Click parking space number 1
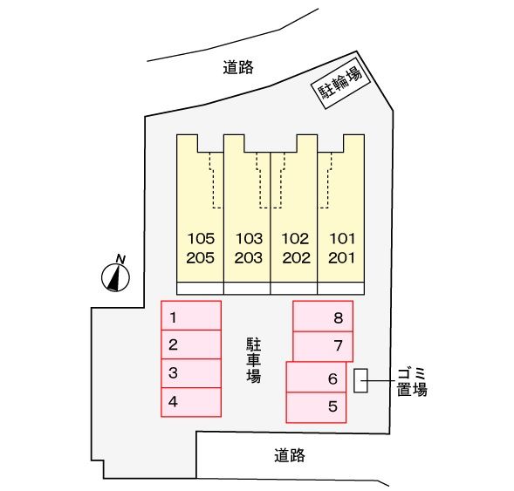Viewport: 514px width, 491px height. (x=190, y=316)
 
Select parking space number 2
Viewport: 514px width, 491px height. (x=190, y=344)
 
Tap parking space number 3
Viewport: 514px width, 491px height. (x=190, y=373)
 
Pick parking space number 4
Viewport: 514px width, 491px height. (x=190, y=401)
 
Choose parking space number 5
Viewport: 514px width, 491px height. (x=316, y=406)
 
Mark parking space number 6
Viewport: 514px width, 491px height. (x=316, y=378)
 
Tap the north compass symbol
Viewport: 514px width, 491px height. (x=116, y=276)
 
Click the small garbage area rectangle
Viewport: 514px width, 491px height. (x=360, y=378)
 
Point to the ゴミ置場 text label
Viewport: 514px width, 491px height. (x=410, y=381)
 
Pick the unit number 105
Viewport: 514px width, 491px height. (x=201, y=238)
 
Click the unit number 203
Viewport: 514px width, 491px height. (x=248, y=257)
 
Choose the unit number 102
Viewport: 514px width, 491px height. (x=295, y=238)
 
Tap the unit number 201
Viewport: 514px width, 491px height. (x=341, y=257)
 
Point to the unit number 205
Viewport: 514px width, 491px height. (x=201, y=257)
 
